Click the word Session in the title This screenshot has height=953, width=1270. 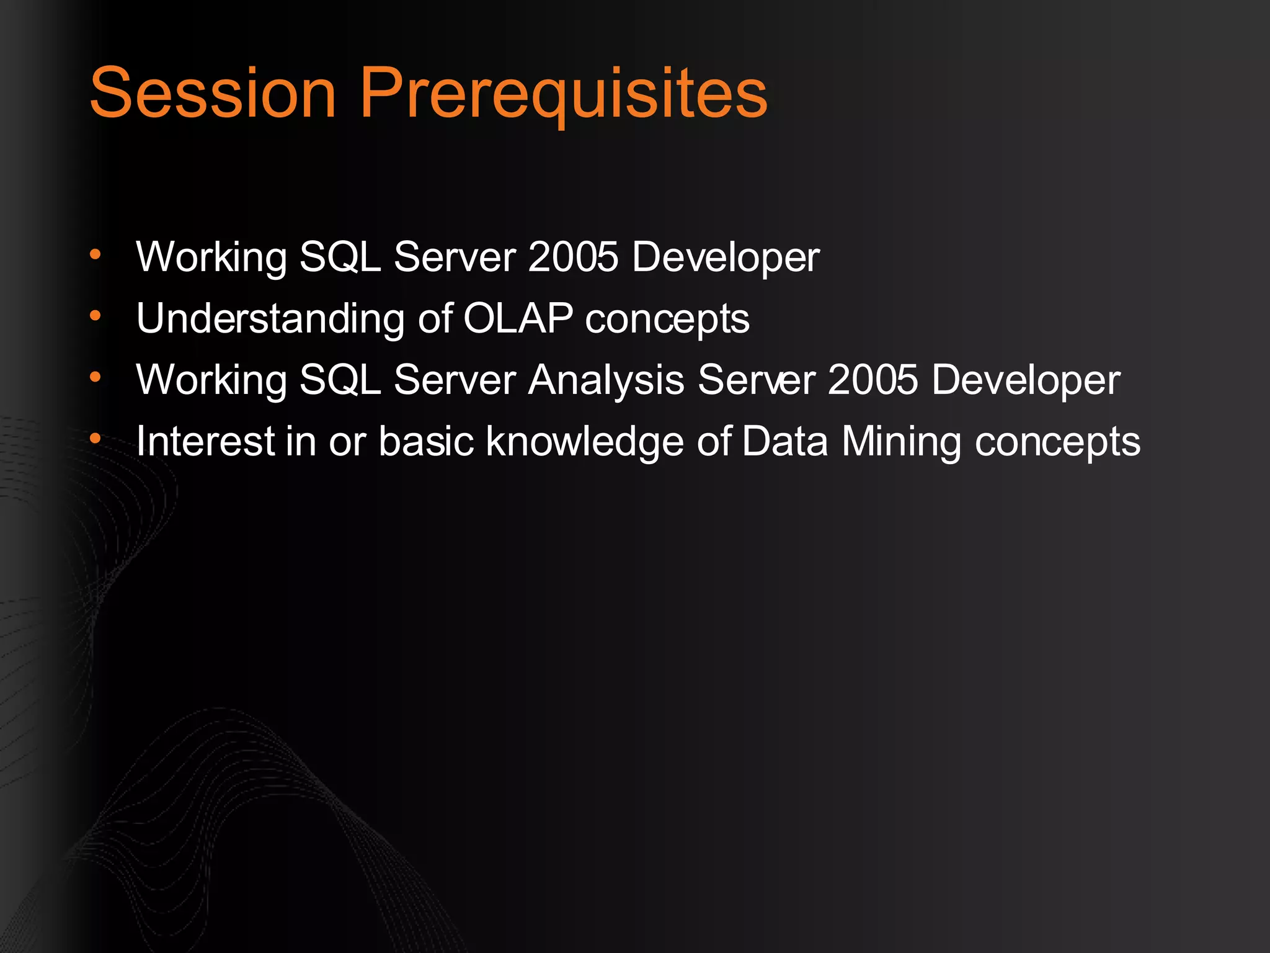[x=213, y=93]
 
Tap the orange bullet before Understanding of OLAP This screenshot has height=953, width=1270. [x=95, y=316]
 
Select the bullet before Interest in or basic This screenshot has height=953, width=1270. [x=95, y=439]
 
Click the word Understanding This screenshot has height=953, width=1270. [x=270, y=318]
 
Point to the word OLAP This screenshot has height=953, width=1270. [x=518, y=318]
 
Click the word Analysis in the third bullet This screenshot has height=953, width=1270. [x=606, y=379]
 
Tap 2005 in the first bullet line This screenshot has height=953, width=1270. [x=573, y=256]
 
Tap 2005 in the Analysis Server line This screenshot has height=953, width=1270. [x=873, y=379]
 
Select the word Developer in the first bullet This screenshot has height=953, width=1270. [x=726, y=257]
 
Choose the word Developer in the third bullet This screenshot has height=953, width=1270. [x=1026, y=380]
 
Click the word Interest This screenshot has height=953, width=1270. [x=205, y=441]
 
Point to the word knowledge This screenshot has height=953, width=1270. [x=585, y=442]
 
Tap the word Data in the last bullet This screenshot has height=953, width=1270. [x=784, y=441]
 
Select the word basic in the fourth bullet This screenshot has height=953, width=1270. [x=426, y=441]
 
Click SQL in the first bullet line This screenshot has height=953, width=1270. [x=340, y=256]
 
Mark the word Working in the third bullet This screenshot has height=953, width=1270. [x=211, y=380]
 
